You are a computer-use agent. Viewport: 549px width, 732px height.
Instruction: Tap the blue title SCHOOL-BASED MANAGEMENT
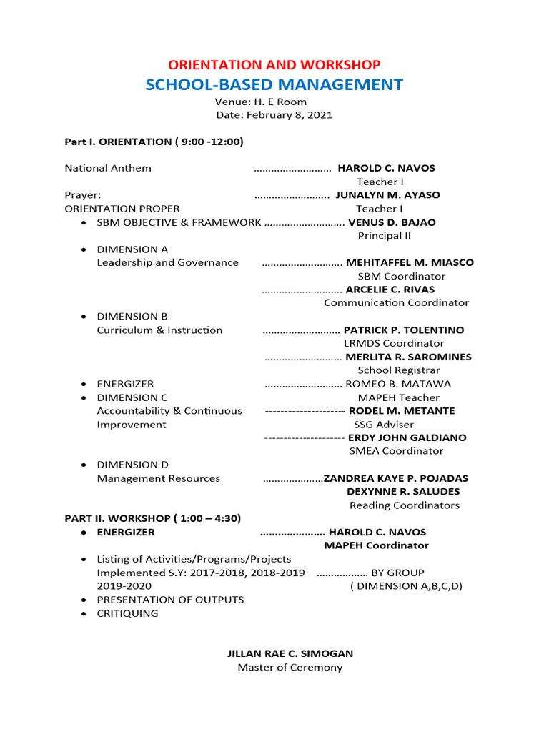(x=274, y=85)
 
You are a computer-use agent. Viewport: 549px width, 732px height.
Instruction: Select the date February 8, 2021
(x=274, y=115)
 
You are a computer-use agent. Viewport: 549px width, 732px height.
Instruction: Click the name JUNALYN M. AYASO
(x=387, y=195)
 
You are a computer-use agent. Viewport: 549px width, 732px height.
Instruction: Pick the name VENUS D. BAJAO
(x=392, y=222)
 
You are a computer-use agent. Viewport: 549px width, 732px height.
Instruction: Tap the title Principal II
(x=384, y=236)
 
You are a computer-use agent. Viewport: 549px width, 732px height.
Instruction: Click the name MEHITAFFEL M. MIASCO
(x=410, y=262)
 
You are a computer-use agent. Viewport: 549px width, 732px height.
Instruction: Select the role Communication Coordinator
(x=396, y=303)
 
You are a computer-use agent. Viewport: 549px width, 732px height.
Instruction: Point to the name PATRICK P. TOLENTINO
(x=404, y=330)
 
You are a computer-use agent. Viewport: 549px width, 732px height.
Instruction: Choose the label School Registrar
(x=399, y=370)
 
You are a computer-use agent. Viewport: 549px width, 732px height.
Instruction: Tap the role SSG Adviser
(x=384, y=425)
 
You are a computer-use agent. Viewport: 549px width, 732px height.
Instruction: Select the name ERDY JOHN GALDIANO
(x=407, y=437)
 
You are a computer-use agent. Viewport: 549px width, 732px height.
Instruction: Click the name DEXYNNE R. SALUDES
(x=403, y=492)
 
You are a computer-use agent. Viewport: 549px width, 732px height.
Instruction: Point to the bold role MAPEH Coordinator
(x=376, y=545)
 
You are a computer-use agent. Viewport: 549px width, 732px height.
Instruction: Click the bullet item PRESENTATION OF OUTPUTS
(x=170, y=600)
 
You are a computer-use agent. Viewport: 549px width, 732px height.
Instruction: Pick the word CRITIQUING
(x=127, y=613)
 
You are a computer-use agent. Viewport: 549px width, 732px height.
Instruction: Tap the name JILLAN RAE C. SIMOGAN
(x=290, y=653)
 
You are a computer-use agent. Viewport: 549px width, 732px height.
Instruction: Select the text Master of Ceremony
(x=290, y=668)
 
